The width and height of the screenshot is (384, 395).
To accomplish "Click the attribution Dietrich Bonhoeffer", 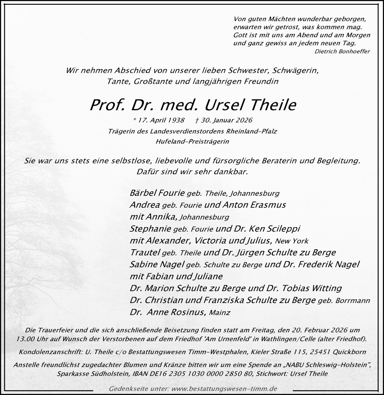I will (x=343, y=51).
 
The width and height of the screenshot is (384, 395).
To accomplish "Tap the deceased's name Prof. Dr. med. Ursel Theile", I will (x=193, y=105).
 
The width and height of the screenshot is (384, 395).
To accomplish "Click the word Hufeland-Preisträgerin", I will (x=193, y=141).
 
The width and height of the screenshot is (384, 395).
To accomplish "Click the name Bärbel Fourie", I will (x=157, y=193).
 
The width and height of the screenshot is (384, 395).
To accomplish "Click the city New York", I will (x=292, y=241).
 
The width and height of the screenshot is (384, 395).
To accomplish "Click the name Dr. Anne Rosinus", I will (x=167, y=312).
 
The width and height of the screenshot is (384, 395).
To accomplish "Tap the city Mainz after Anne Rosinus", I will (x=219, y=313).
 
